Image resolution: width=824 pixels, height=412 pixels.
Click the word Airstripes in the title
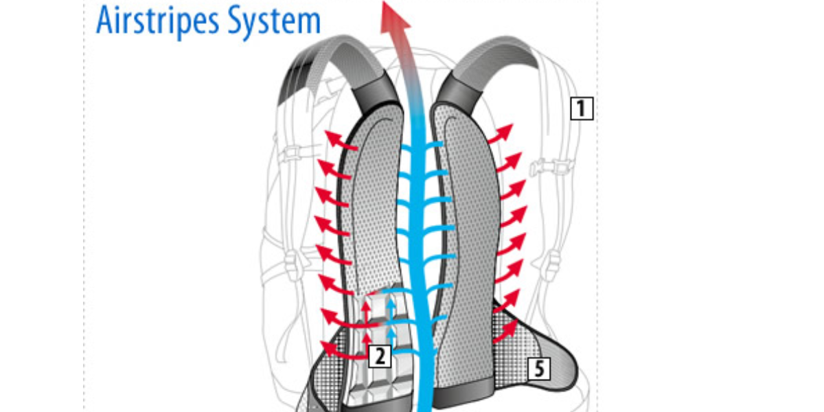[x=158, y=21]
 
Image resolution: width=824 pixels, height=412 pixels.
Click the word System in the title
[x=274, y=21]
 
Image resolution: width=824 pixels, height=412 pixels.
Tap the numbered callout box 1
[x=582, y=108]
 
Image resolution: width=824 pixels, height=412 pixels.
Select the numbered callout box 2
[x=380, y=356]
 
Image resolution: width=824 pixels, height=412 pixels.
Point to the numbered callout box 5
[x=539, y=368]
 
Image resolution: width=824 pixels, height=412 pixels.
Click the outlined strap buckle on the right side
[x=552, y=168]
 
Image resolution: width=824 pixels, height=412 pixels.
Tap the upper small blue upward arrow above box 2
[x=391, y=310]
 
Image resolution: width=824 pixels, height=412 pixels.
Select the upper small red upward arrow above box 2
[x=365, y=312]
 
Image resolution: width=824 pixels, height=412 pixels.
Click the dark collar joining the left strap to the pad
[x=375, y=92]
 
